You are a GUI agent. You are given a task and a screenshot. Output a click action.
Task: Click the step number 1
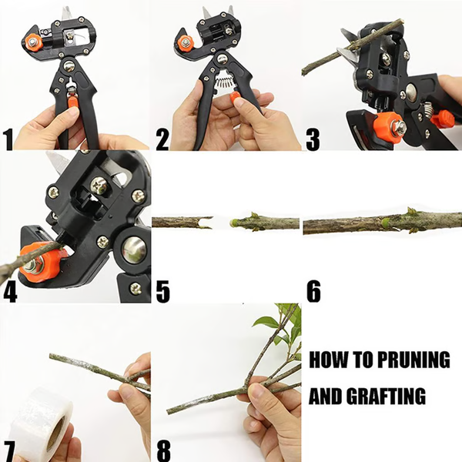pos(8,139)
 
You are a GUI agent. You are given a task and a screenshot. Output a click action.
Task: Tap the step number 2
pos(162,139)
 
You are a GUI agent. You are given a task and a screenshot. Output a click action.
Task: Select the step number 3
pos(313,139)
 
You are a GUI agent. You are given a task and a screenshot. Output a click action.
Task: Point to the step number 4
pos(10,292)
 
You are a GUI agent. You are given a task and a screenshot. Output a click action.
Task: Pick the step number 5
pos(162,292)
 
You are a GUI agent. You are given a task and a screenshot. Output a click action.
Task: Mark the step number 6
pos(313,292)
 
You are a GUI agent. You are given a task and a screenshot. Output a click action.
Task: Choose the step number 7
pos(9,448)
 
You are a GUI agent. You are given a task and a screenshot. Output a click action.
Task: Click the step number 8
pos(162,448)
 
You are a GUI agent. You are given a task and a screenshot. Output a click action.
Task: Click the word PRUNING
pos(412,360)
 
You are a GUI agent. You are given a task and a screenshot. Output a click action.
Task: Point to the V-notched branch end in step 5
pos(204,223)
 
